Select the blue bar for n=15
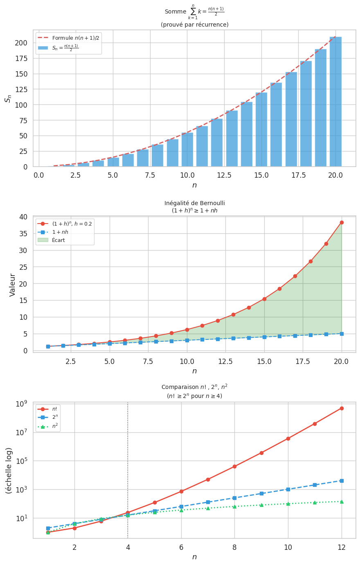pos(261,129)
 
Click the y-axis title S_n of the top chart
pos(8,98)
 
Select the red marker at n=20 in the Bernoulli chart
pos(342,223)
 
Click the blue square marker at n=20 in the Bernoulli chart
pos(342,334)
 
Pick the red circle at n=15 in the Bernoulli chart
pos(264,299)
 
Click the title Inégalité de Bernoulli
pos(194,203)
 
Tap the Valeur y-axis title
pos(12,285)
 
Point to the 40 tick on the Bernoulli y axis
pos(24,217)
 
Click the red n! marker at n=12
pos(342,408)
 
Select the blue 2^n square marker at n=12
pos(342,481)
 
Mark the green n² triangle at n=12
pos(342,502)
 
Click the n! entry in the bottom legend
pos(55,409)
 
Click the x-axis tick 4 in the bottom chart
pos(128,547)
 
